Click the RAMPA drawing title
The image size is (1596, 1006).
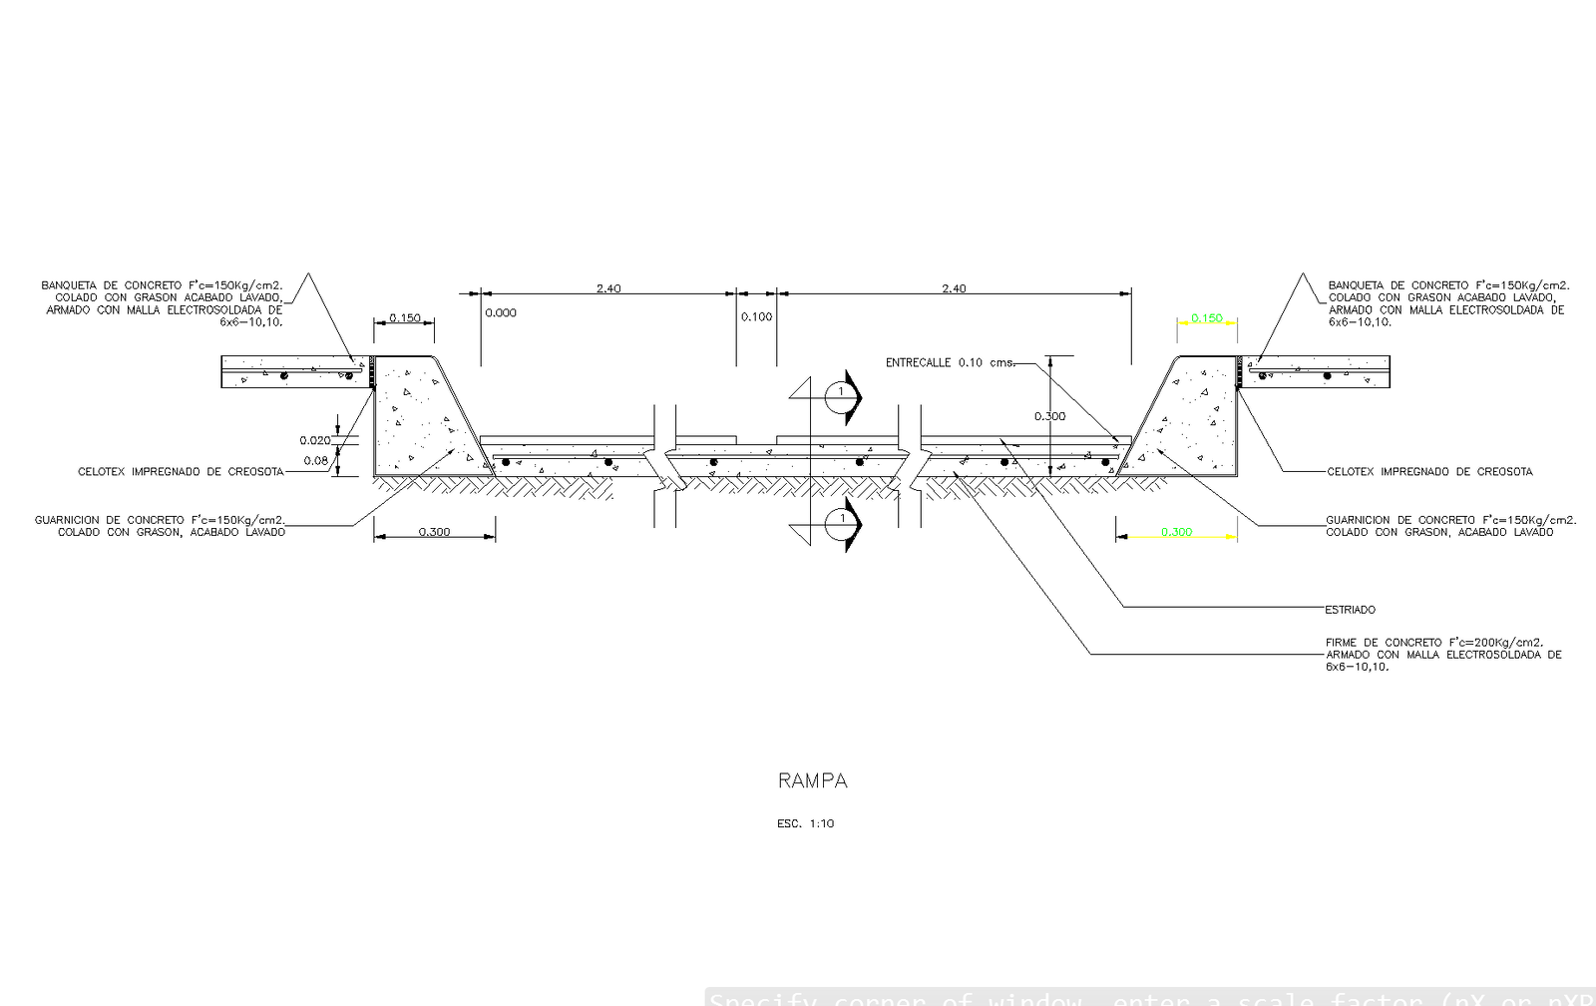point(812,780)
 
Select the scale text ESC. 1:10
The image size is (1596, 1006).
point(805,824)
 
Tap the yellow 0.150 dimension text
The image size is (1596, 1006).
point(1206,318)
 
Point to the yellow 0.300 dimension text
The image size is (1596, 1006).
point(1176,532)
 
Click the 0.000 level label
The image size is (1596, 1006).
point(501,313)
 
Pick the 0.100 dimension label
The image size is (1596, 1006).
point(756,317)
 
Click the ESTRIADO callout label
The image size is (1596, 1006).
point(1350,610)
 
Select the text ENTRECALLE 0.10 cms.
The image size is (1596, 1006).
point(950,363)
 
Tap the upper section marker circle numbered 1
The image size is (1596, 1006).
point(840,393)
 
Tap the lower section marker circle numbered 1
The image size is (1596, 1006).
point(840,519)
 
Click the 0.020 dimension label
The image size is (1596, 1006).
point(314,440)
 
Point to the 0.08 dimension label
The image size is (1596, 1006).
point(315,460)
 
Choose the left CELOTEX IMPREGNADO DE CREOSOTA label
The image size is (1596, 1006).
point(181,472)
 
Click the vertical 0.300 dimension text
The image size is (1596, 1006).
point(1049,416)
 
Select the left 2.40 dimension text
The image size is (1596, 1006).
point(608,288)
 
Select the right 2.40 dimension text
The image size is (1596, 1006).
point(954,288)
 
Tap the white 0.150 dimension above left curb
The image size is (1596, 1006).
point(404,318)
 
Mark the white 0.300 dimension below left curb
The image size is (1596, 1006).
point(434,532)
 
